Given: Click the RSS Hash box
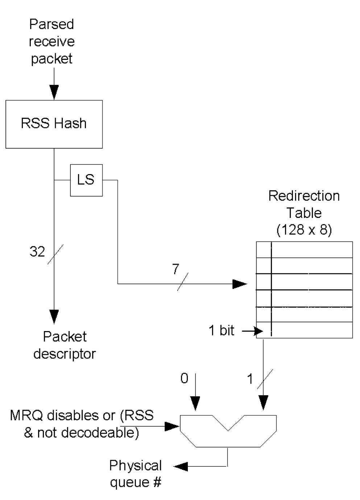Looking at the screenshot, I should (54, 124).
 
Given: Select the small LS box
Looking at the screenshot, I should (86, 180).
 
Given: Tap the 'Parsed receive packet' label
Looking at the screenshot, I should (51, 41).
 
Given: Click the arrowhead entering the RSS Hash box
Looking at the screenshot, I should (54, 92).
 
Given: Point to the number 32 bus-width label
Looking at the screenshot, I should (37, 251).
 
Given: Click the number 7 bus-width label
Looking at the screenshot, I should (176, 269).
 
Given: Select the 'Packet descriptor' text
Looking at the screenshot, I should (65, 345).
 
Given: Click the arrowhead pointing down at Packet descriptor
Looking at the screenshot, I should (54, 316).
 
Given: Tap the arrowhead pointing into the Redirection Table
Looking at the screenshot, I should (240, 284).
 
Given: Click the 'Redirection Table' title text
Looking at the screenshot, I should (304, 204).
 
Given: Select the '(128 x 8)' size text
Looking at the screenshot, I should (304, 230).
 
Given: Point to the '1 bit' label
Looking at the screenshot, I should (221, 330).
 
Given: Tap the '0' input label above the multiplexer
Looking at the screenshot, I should (184, 379).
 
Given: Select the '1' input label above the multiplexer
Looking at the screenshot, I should (250, 379).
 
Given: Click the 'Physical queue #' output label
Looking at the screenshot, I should (136, 474).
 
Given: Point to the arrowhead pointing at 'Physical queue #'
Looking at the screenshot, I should (181, 466).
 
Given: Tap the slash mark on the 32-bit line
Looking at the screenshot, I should (55, 254).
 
